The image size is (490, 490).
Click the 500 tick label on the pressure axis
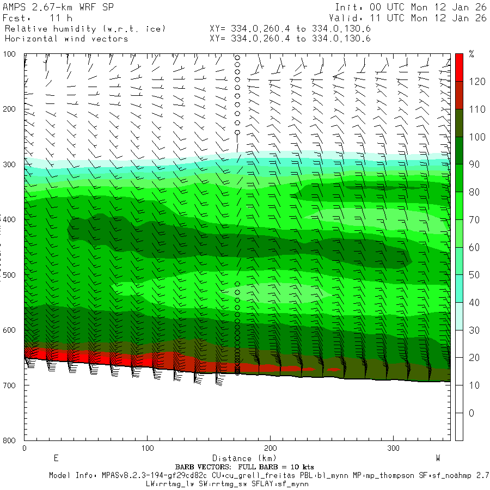tap(10, 275)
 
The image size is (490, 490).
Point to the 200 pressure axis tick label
tap(10, 109)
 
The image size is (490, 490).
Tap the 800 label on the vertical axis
tap(10, 440)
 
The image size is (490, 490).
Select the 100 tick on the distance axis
tap(147, 448)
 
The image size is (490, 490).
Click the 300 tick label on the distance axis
tap(393, 448)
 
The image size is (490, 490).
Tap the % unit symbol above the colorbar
tap(471, 54)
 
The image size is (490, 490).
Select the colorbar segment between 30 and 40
tap(459, 316)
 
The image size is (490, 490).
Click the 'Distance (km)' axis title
tap(240, 458)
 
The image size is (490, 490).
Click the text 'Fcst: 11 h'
tap(34, 18)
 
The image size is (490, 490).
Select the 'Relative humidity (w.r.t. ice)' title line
tap(85, 28)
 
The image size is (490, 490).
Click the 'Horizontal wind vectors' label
tap(66, 39)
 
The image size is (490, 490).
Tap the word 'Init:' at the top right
tap(348, 7)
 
